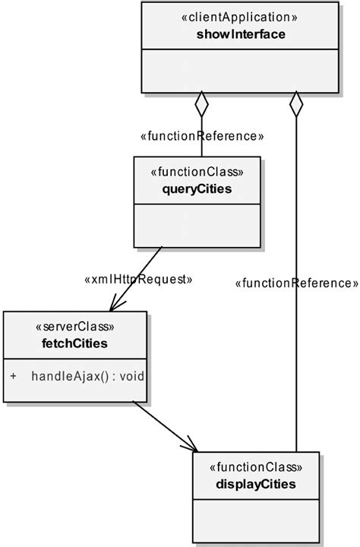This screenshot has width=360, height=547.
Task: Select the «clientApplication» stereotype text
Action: click(x=240, y=16)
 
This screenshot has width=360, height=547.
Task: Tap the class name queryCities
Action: click(x=197, y=188)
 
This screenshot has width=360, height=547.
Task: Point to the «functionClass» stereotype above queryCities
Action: click(x=197, y=172)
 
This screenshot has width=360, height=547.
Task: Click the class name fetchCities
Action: click(x=74, y=343)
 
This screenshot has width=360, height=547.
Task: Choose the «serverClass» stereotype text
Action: click(x=74, y=327)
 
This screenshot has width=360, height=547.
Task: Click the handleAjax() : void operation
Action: click(x=88, y=376)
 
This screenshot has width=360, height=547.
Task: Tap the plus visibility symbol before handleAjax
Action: click(x=14, y=376)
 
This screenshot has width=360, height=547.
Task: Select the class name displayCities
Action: click(x=256, y=484)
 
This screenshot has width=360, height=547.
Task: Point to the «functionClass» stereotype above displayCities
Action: click(x=256, y=468)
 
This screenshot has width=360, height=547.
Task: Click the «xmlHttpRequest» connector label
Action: click(x=138, y=280)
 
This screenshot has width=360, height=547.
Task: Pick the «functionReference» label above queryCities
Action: click(x=202, y=137)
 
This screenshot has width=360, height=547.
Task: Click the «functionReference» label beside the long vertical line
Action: click(x=297, y=283)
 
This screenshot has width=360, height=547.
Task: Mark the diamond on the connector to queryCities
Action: click(x=201, y=103)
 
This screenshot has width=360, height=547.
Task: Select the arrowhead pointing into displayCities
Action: click(x=190, y=446)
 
